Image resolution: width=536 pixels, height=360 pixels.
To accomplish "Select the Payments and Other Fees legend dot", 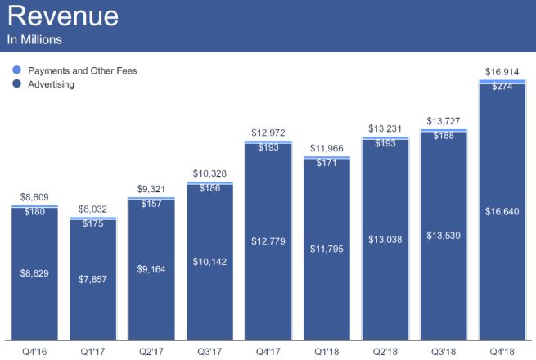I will click(17, 71).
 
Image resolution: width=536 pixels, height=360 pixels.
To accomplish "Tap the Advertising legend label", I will click(52, 84).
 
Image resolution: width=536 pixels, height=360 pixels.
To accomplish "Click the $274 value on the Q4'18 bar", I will click(502, 86).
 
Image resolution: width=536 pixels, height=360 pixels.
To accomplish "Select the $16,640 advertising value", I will click(502, 211).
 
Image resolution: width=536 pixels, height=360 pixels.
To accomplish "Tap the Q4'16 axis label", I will click(34, 352).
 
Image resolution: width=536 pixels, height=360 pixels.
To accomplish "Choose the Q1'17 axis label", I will click(92, 352).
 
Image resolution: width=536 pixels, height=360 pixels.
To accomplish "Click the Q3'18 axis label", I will click(444, 352).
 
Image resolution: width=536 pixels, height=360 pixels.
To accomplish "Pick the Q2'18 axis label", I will click(385, 352).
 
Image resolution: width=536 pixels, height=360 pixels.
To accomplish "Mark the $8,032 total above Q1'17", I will click(92, 209).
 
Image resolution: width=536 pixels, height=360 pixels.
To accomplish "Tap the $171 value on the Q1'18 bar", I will click(326, 164).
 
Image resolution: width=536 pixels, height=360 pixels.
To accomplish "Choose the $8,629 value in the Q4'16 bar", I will click(34, 272).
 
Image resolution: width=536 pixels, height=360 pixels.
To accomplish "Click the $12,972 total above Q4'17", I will click(268, 133).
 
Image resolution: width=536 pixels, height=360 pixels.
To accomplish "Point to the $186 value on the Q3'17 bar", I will click(209, 188).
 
